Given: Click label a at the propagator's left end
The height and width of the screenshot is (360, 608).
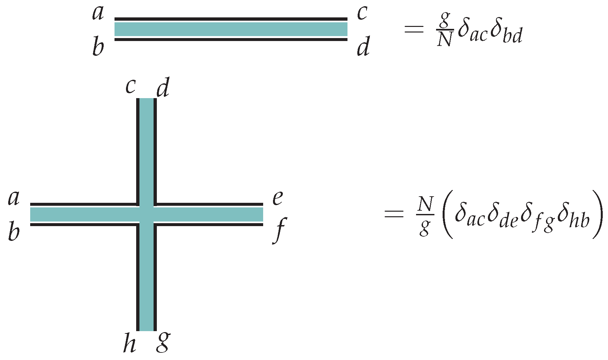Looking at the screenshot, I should tap(98, 13).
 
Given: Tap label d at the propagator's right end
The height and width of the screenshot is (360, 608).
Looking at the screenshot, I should tap(363, 47).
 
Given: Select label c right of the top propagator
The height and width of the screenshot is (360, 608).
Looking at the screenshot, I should tap(362, 13).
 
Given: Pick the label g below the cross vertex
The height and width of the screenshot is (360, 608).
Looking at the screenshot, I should tap(163, 342).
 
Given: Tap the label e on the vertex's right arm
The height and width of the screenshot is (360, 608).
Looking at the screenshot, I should tap(278, 198).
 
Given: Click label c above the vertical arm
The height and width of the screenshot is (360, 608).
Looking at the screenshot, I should tap(131, 87).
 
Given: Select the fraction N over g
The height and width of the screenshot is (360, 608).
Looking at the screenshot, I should tap(425, 215).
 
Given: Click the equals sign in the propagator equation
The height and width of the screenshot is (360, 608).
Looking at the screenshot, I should tap(414, 30).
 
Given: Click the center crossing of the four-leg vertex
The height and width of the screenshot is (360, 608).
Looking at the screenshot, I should tap(146, 215).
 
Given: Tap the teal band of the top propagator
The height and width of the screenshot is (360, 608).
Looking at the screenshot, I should tap(231, 29).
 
